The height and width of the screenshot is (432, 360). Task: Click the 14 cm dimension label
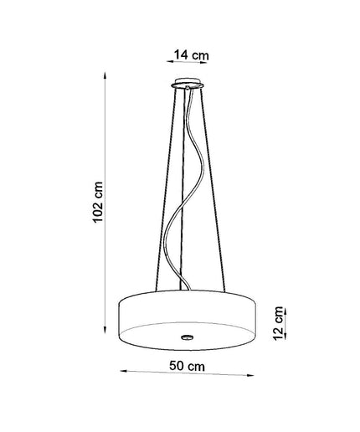[192, 55]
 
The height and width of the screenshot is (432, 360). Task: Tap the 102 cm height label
[98, 202]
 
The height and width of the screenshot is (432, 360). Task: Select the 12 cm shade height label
[278, 323]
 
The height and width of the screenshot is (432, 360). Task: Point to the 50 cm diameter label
[187, 366]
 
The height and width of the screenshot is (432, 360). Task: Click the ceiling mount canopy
[188, 84]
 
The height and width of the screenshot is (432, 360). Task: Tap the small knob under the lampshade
[187, 337]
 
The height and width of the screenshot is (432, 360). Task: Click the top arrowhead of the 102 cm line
[105, 75]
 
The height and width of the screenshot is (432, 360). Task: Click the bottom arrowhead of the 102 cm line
[105, 330]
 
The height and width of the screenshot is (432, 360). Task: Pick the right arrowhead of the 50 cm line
[250, 375]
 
